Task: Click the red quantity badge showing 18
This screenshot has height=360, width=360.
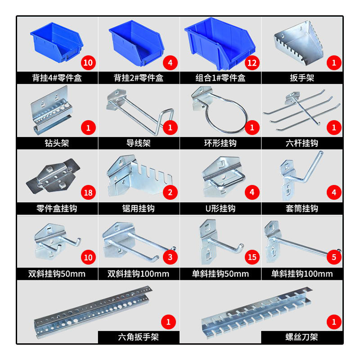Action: [x=88, y=193]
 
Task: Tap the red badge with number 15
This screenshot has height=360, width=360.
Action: [x=252, y=257]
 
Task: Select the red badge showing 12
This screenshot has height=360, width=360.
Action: [x=252, y=63]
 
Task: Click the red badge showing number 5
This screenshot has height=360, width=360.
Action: [x=334, y=257]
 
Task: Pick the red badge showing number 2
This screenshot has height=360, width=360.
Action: [x=170, y=193]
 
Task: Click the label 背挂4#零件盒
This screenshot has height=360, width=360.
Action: [x=57, y=78]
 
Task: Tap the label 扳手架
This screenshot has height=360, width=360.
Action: [x=302, y=78]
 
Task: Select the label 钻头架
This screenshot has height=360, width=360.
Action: [x=57, y=144]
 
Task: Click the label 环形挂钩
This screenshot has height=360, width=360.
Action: [x=220, y=144]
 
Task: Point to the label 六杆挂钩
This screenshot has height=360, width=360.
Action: [x=302, y=144]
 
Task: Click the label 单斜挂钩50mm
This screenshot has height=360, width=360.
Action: [x=220, y=274]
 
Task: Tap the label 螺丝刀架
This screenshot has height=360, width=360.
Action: [x=302, y=337]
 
